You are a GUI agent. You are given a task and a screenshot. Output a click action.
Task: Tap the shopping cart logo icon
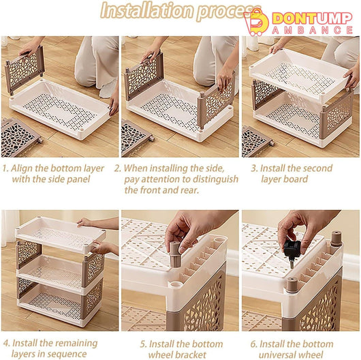(256, 22)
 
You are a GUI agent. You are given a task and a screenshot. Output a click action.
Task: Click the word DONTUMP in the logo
(312, 18)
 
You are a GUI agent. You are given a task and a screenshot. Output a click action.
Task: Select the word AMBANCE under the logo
(312, 30)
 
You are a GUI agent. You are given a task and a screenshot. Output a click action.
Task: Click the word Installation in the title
(147, 10)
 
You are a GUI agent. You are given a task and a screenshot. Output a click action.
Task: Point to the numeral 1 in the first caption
(5, 168)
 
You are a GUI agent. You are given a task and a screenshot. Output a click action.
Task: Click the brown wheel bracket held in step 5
(175, 254)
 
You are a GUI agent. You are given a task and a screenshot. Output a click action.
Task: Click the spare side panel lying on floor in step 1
(20, 138)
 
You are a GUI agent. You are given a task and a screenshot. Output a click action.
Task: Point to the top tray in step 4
(61, 233)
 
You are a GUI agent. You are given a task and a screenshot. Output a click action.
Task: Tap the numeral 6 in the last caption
(253, 344)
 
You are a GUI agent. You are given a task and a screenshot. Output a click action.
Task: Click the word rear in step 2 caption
(190, 190)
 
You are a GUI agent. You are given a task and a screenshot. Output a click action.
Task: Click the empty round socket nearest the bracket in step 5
(176, 284)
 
